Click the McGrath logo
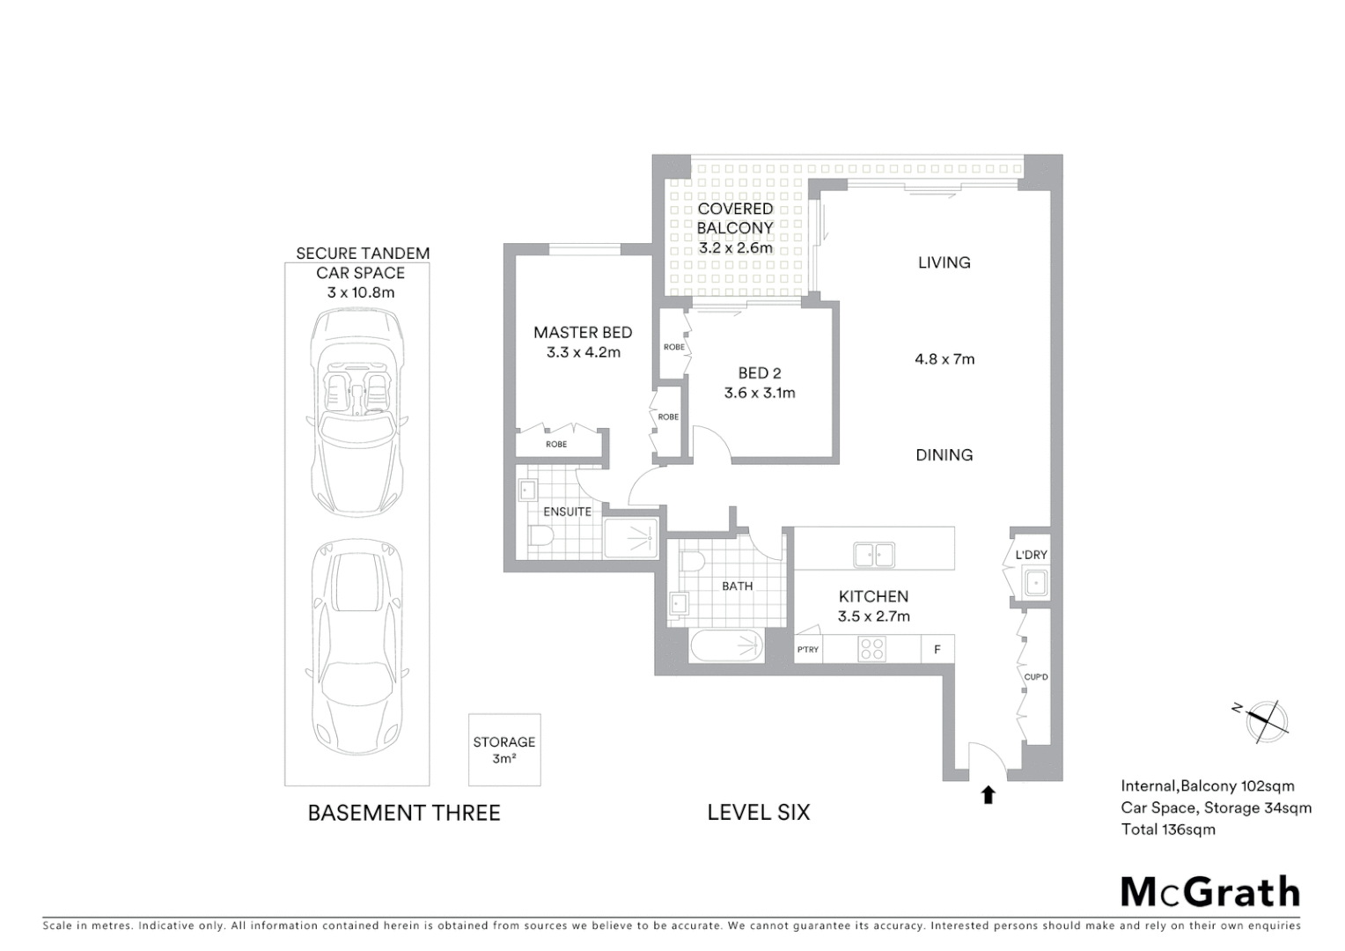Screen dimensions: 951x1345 pyautogui.click(x=1209, y=892)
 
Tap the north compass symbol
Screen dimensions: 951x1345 pyautogui.click(x=1266, y=719)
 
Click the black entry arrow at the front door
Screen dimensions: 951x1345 pyautogui.click(x=988, y=794)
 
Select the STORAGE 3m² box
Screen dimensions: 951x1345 pyautogui.click(x=503, y=749)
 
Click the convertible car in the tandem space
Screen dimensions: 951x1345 pyautogui.click(x=357, y=412)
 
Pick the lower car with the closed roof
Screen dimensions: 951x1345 pyautogui.click(x=357, y=645)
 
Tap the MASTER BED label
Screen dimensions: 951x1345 pyautogui.click(x=583, y=333)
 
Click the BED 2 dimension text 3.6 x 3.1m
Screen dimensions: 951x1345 pyautogui.click(x=760, y=394)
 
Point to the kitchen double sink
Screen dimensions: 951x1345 pyautogui.click(x=873, y=555)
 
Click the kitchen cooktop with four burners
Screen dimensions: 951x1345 pyautogui.click(x=872, y=649)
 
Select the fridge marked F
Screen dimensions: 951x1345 pyautogui.click(x=937, y=650)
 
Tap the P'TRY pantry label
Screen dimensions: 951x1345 pyautogui.click(x=807, y=650)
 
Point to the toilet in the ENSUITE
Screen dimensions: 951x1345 pyautogui.click(x=540, y=536)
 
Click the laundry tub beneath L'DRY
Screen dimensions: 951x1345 pyautogui.click(x=1036, y=583)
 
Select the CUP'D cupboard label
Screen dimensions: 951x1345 pyautogui.click(x=1036, y=677)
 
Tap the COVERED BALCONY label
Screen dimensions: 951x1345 pyautogui.click(x=735, y=218)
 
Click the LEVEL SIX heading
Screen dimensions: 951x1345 pyautogui.click(x=758, y=813)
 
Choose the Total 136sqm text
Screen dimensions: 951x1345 pyautogui.click(x=1167, y=829)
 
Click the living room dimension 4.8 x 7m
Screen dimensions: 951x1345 pyautogui.click(x=944, y=359)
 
